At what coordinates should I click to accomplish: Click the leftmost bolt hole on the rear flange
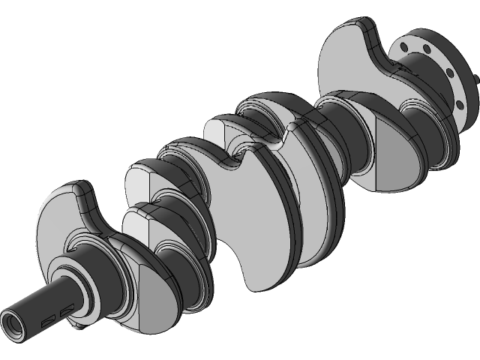click(x=406, y=46)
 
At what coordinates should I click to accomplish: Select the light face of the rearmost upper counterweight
click(x=349, y=52)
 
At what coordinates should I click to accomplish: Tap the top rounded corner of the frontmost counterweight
click(x=75, y=187)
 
